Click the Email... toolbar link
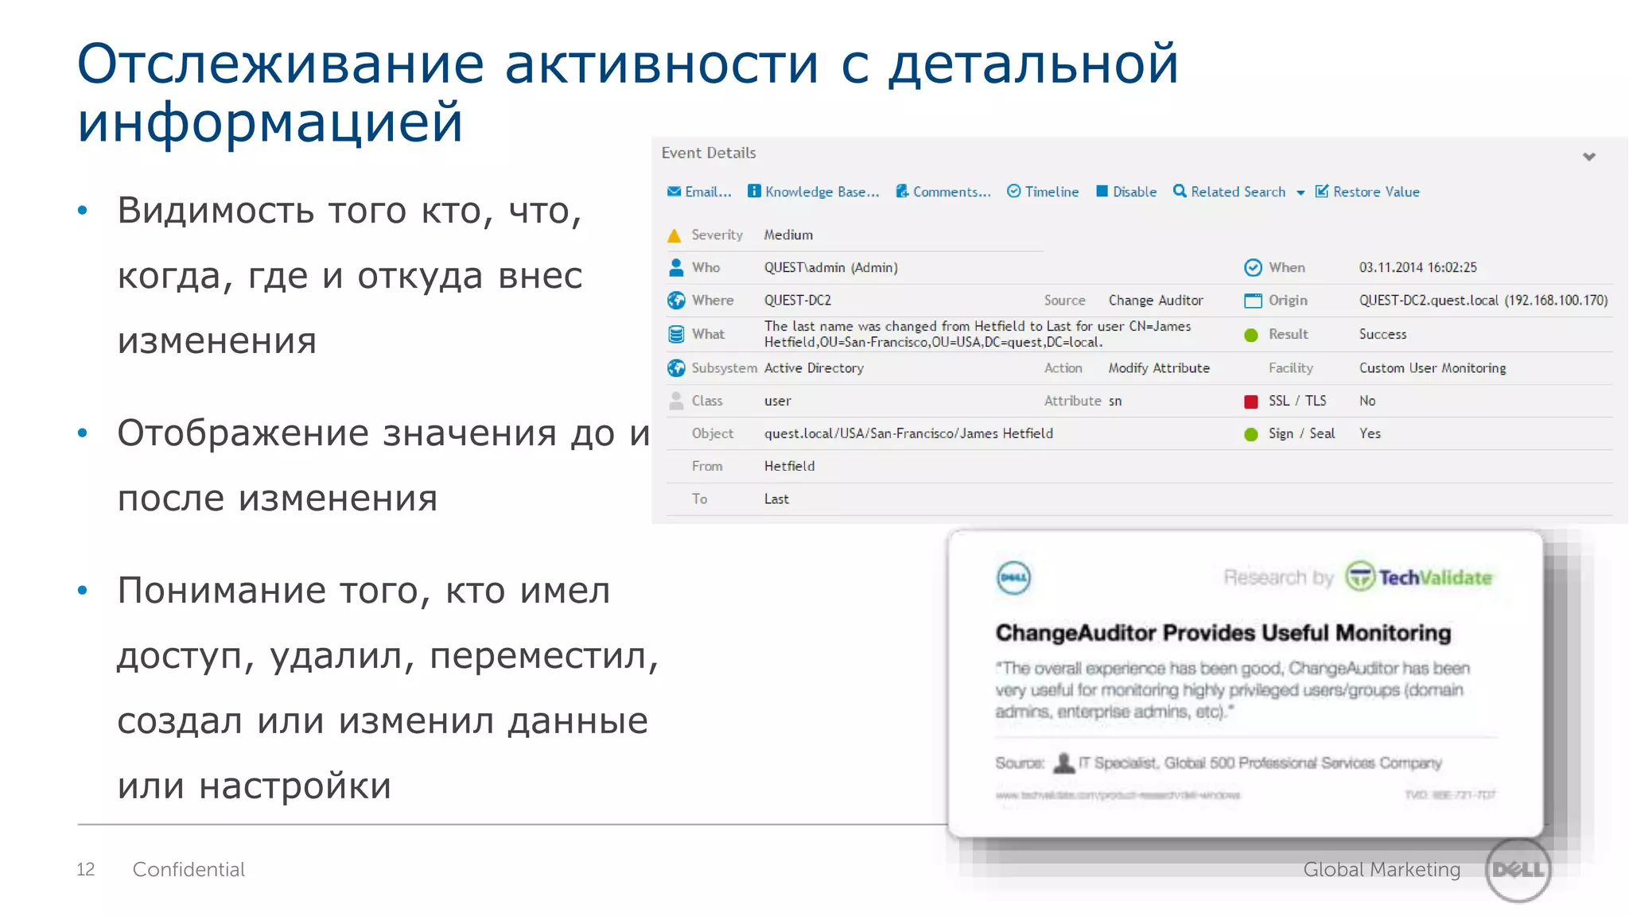tap(700, 192)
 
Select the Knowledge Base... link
tap(814, 192)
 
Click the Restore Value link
tap(1367, 192)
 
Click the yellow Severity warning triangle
tap(675, 235)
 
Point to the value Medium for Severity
tap(788, 235)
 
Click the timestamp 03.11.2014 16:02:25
tap(1417, 268)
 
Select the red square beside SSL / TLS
tap(1251, 402)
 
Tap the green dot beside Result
tap(1251, 335)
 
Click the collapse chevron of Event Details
tap(1588, 157)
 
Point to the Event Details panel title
tap(709, 153)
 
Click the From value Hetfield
tap(789, 466)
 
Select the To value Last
tap(776, 499)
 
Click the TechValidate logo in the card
tap(1418, 577)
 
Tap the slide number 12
tap(85, 869)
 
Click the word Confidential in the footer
tap(189, 869)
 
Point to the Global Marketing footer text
tap(1382, 869)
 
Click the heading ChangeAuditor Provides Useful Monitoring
tap(1223, 633)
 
